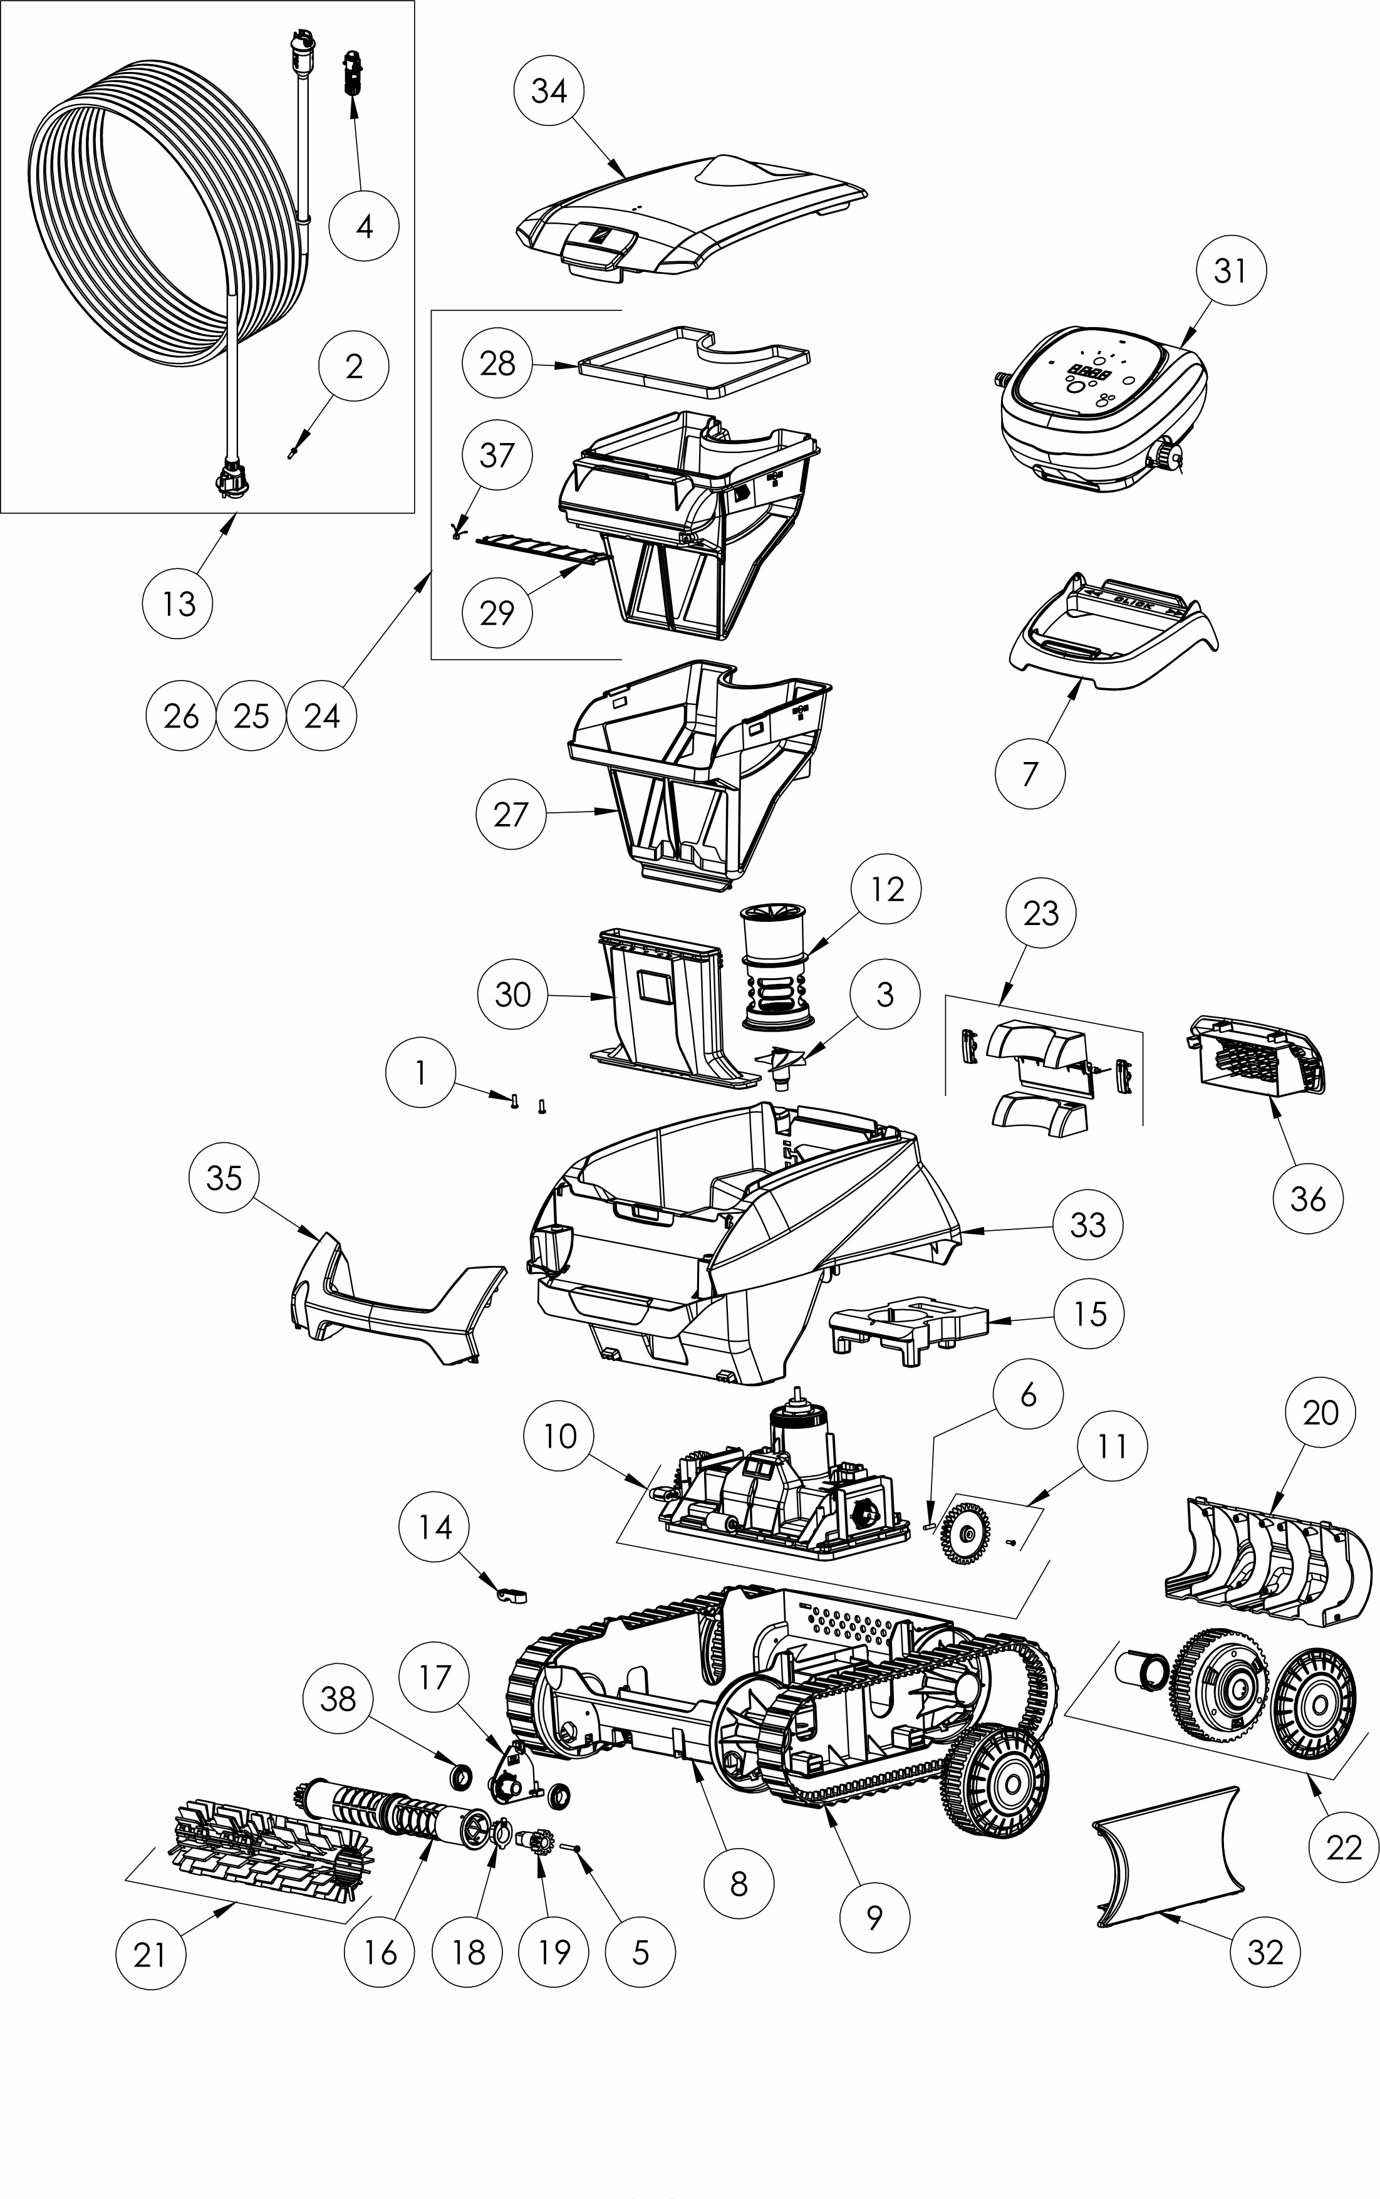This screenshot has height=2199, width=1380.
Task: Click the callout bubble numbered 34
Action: coord(549,91)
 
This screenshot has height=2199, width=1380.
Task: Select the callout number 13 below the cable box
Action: coord(179,603)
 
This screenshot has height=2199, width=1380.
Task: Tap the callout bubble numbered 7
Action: coord(1030,773)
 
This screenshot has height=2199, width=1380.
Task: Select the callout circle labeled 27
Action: coord(511,814)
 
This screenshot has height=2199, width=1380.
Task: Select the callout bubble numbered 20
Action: coord(1320,1412)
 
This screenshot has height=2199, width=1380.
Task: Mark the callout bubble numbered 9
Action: coord(874,1918)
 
